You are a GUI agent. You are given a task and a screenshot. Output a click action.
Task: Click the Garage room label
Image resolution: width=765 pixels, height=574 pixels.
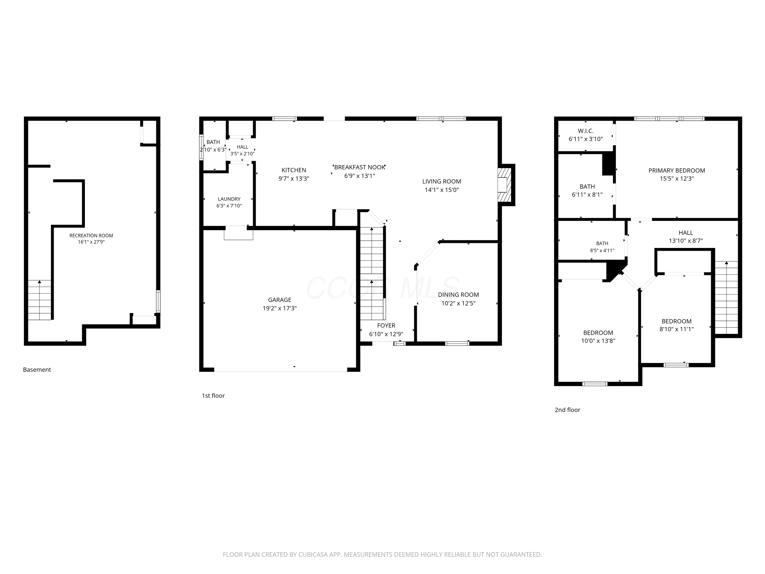click(x=279, y=300)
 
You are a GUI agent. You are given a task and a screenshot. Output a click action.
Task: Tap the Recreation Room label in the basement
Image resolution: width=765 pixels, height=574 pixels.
click(x=91, y=236)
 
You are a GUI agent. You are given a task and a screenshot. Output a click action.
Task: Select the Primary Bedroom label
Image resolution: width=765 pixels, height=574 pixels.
click(x=677, y=171)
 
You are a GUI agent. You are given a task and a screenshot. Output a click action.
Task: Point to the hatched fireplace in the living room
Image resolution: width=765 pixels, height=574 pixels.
click(x=504, y=185)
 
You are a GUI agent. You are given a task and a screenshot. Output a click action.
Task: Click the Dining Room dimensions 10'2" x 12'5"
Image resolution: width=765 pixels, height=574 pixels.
click(x=458, y=303)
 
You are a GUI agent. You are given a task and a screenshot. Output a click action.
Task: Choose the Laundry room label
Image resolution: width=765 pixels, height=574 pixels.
click(x=229, y=199)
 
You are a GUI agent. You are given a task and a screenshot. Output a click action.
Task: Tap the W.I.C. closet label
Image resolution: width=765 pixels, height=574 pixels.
click(x=585, y=131)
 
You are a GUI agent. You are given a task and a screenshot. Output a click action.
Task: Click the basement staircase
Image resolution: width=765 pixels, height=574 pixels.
click(x=39, y=300)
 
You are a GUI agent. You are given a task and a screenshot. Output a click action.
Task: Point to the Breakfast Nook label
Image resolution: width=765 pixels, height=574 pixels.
click(x=359, y=167)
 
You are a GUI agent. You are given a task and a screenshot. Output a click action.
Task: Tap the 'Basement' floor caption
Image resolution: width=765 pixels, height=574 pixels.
click(x=37, y=370)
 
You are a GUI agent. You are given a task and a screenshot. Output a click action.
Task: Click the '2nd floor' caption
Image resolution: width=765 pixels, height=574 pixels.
click(x=568, y=410)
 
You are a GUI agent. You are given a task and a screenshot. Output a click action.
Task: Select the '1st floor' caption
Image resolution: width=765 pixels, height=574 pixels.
click(x=213, y=396)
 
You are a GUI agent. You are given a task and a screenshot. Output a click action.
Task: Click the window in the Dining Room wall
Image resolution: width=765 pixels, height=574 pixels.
click(x=457, y=343)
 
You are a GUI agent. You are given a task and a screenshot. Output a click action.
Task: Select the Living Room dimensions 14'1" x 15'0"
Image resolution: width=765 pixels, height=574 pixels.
click(x=442, y=190)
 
